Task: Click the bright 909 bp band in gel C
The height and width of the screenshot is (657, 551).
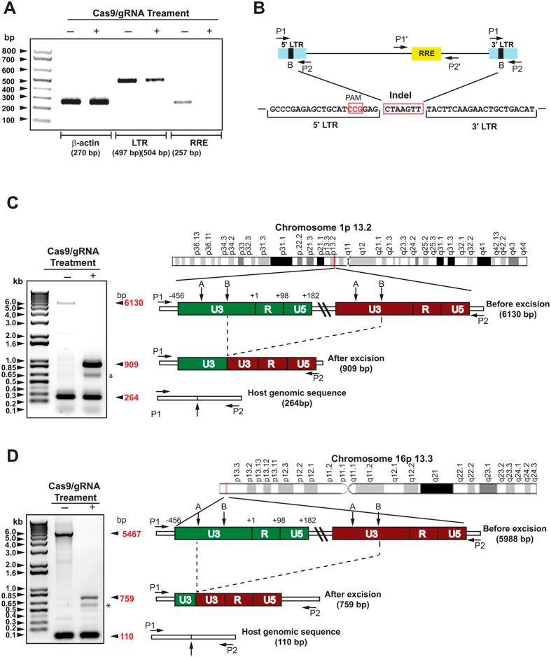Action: pyautogui.click(x=94, y=364)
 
